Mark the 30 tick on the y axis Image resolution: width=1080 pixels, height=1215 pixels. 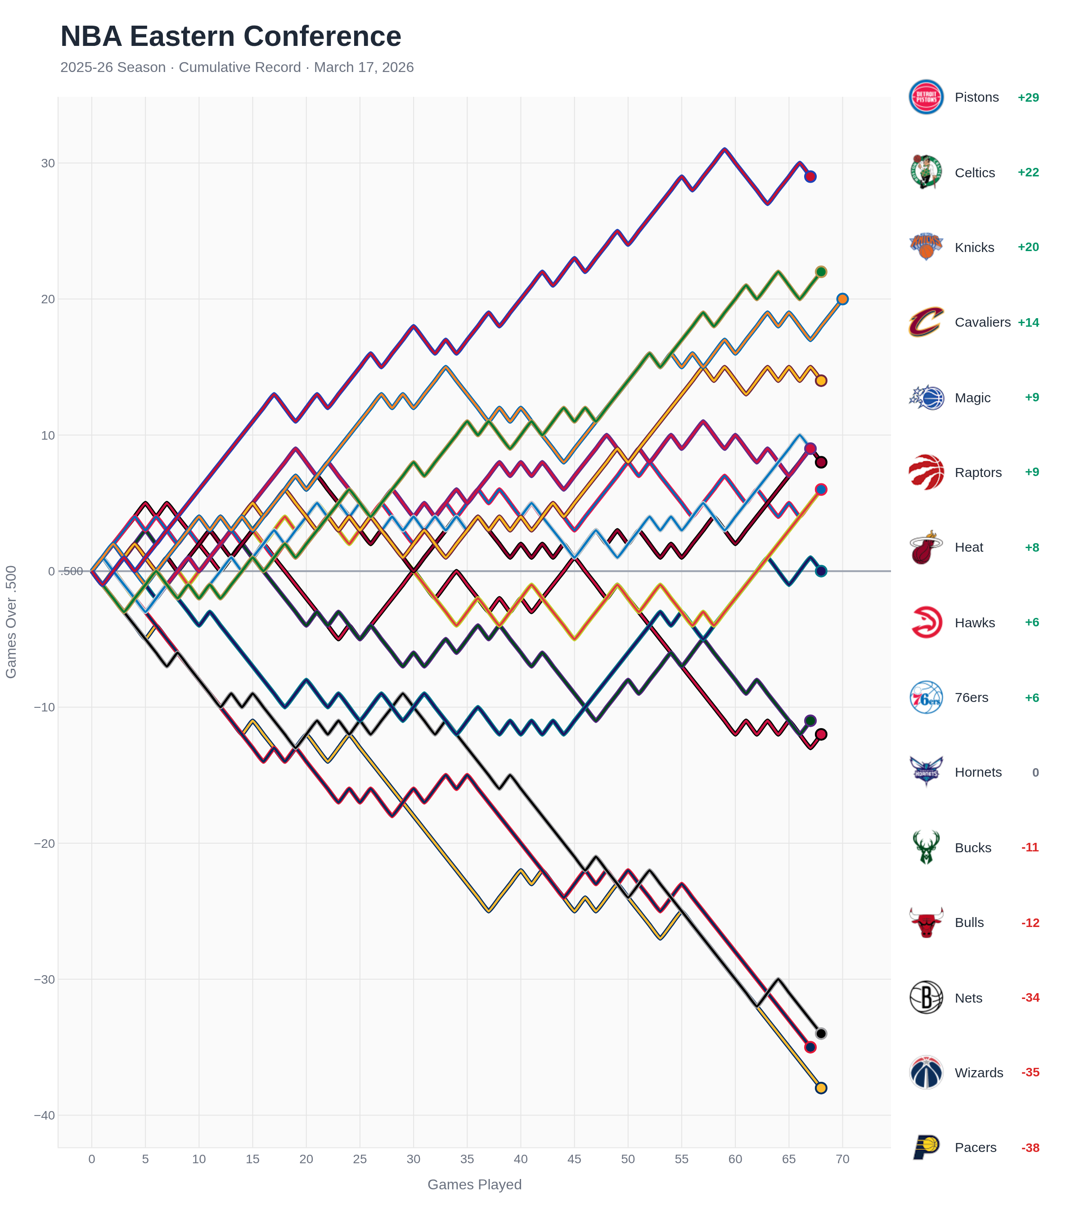[x=48, y=163]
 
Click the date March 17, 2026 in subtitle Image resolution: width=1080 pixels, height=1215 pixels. [x=363, y=67]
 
